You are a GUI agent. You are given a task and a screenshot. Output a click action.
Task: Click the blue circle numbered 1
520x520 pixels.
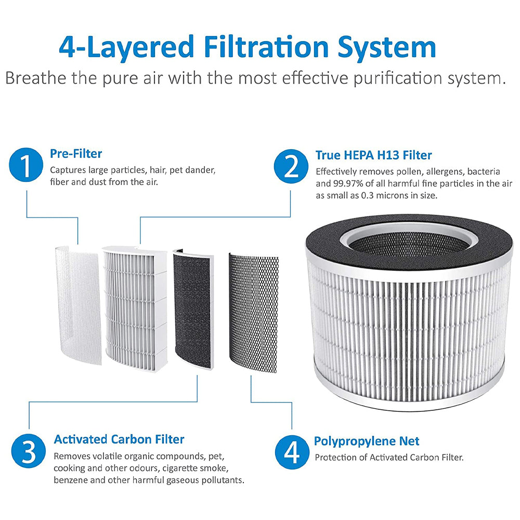click(27, 165)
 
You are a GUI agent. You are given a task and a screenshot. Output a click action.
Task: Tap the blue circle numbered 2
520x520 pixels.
click(292, 166)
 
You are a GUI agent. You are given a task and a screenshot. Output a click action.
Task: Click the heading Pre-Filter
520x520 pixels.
click(76, 153)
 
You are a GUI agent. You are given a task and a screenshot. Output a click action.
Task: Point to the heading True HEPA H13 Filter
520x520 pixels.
click(373, 155)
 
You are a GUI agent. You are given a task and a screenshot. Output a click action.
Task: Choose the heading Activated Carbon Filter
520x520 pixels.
click(119, 439)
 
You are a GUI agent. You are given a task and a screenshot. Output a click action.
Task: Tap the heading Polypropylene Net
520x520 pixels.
click(366, 441)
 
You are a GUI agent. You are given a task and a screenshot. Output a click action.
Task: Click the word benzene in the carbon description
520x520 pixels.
click(71, 480)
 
